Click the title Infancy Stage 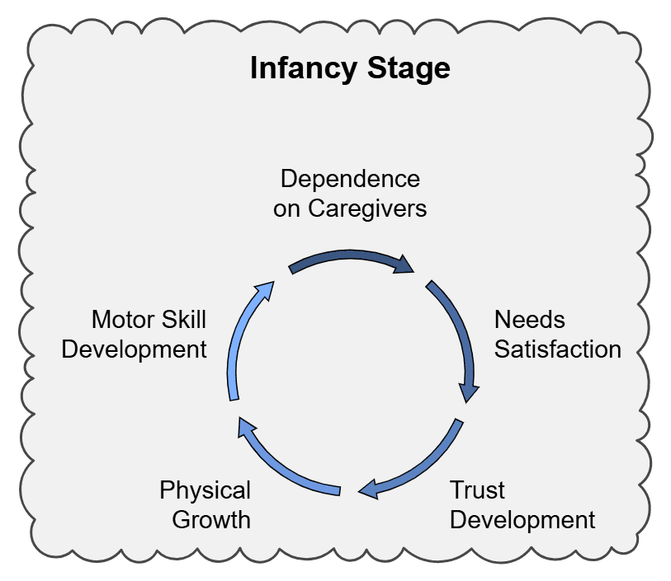350,68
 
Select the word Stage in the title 410,68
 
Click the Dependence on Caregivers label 350,194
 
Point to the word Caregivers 367,209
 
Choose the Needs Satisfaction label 557,334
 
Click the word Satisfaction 557,349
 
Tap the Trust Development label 522,505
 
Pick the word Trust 477,490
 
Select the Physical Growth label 205,505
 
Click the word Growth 205,520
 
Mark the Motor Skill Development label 135,334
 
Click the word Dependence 350,179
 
